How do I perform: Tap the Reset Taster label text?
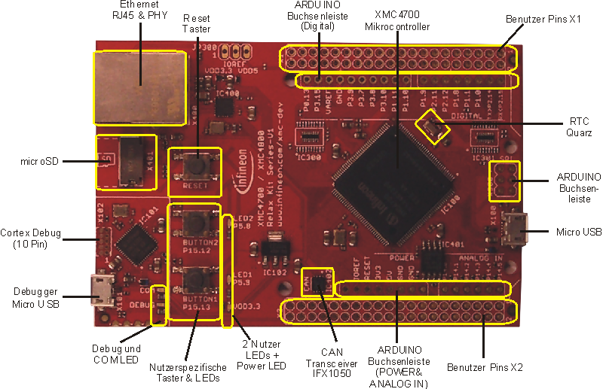coord(197,22)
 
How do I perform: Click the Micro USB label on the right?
coord(578,233)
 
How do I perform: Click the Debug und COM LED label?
coord(117,355)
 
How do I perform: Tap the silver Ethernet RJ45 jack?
coord(139,87)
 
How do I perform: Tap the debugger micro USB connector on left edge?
coord(102,290)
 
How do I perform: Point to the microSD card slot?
coord(136,161)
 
